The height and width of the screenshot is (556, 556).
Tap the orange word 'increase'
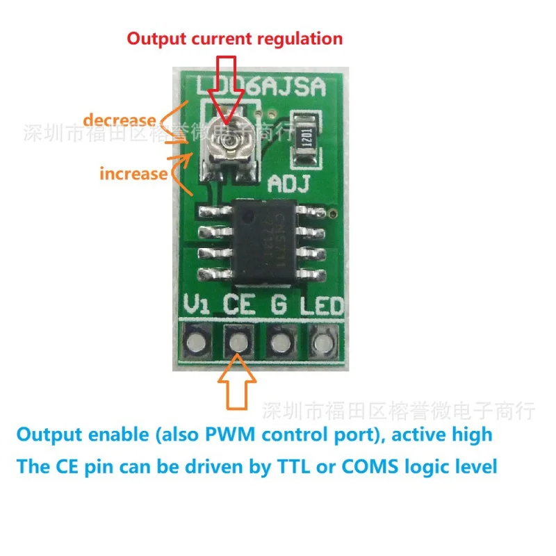click(133, 173)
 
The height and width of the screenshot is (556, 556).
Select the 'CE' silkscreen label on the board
click(238, 305)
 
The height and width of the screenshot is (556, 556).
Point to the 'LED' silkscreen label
click(321, 305)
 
